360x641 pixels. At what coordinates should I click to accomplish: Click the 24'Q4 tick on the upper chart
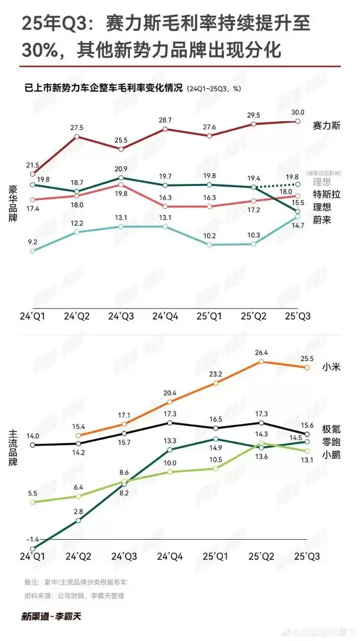[x=166, y=317]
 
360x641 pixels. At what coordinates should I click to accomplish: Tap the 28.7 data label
[x=166, y=120]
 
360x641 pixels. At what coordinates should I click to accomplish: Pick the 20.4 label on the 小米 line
[x=170, y=392]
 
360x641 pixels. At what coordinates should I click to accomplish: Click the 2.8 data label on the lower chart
[x=78, y=511]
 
